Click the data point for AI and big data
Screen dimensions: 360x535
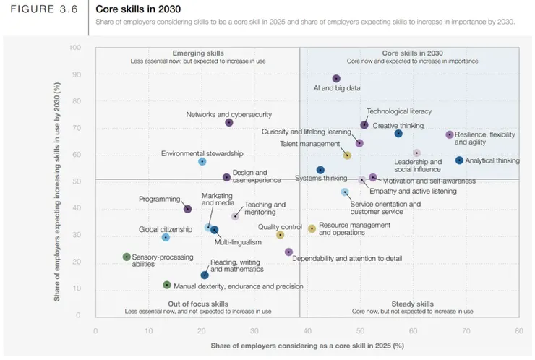click(x=336, y=79)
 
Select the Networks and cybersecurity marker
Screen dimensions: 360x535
click(x=229, y=123)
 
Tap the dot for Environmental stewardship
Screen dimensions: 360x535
click(x=202, y=161)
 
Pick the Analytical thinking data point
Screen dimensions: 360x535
click(x=459, y=160)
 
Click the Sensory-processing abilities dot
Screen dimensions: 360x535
click(x=127, y=257)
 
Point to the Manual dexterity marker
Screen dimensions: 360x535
click(x=167, y=285)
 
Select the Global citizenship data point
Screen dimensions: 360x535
click(x=166, y=237)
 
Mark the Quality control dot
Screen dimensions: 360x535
click(x=281, y=235)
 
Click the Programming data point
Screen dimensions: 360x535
click(x=187, y=209)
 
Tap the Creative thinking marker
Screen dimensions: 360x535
click(x=398, y=134)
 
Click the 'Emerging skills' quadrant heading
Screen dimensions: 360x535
click(x=198, y=53)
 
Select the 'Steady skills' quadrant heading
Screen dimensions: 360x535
click(x=412, y=304)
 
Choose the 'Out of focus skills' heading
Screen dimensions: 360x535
click(x=198, y=304)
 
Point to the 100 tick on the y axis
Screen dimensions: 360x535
click(x=75, y=48)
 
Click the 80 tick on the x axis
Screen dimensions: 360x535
click(x=518, y=330)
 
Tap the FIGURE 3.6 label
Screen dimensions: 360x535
click(x=45, y=9)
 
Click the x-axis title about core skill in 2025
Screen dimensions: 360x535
click(x=307, y=346)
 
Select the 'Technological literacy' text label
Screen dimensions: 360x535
click(x=399, y=111)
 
